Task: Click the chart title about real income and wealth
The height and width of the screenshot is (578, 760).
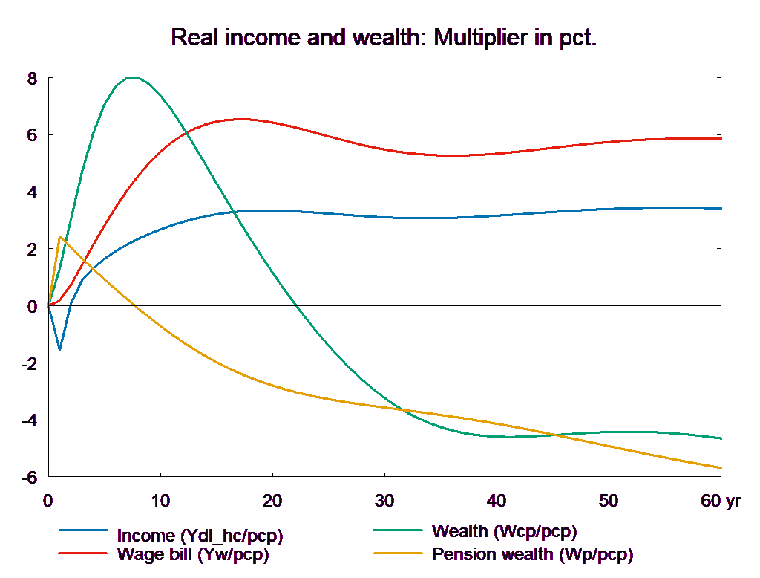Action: pyautogui.click(x=384, y=37)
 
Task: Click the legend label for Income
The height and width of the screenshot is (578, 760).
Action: pyautogui.click(x=200, y=536)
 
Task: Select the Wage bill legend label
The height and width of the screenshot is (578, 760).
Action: pyautogui.click(x=192, y=554)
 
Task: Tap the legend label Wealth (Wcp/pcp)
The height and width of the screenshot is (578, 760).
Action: pyautogui.click(x=504, y=532)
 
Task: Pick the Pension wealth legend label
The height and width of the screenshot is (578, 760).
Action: pyautogui.click(x=532, y=554)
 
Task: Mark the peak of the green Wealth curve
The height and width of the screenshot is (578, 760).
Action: pyautogui.click(x=132, y=77)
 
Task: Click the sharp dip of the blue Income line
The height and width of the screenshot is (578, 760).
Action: pyautogui.click(x=59, y=349)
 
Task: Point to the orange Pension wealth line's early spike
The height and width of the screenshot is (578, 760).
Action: pyautogui.click(x=59, y=237)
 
